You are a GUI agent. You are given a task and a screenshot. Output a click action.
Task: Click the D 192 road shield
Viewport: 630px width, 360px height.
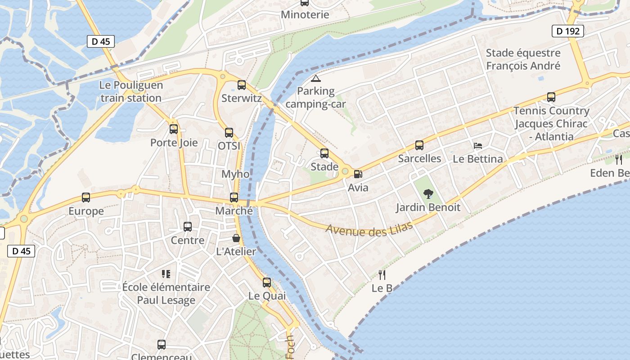click(x=568, y=31)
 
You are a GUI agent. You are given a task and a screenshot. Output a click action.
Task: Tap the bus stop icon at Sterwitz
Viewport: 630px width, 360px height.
click(x=242, y=85)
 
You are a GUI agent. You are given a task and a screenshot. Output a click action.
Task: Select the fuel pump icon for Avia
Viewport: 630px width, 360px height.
click(x=358, y=174)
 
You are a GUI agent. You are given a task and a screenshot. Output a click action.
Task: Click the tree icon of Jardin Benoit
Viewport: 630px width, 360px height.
click(x=428, y=194)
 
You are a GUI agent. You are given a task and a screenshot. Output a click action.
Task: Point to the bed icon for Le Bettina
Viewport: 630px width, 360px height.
click(x=478, y=146)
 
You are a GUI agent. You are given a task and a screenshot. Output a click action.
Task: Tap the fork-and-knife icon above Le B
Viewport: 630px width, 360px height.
click(x=382, y=274)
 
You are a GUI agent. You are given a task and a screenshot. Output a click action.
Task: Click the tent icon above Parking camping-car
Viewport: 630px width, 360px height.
click(x=316, y=78)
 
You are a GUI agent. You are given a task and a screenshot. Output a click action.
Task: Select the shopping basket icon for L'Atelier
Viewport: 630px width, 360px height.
click(x=236, y=238)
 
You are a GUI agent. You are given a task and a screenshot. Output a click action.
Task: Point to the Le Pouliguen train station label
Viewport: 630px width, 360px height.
click(x=131, y=91)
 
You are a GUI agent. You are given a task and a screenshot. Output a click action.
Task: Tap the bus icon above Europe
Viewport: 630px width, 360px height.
click(x=86, y=198)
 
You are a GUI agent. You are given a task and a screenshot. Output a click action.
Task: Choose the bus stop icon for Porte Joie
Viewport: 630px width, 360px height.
click(x=174, y=130)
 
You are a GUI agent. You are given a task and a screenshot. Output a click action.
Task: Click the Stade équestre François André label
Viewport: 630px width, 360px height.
click(x=523, y=59)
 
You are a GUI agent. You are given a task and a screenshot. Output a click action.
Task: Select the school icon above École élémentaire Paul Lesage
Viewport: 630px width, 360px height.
click(x=166, y=274)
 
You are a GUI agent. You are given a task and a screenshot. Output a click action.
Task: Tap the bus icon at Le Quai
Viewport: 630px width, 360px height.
click(x=267, y=283)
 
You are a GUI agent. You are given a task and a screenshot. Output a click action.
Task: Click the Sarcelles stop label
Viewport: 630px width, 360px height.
click(x=419, y=158)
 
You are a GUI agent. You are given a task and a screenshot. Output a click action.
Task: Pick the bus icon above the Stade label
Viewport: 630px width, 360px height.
click(x=324, y=153)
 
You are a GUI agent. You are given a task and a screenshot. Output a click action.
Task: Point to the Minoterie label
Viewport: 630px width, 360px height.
click(x=305, y=14)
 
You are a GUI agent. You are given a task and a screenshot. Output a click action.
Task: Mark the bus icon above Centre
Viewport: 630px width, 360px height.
click(x=188, y=227)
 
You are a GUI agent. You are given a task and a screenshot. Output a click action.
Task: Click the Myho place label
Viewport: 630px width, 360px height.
click(x=235, y=174)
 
